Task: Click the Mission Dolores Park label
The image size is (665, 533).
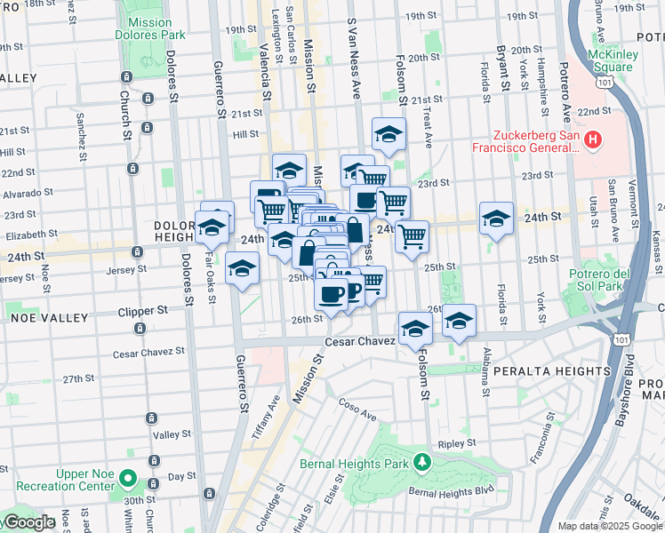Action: click(x=149, y=28)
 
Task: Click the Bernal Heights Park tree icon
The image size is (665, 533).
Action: click(x=425, y=462)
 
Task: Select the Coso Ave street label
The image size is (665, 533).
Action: click(x=357, y=409)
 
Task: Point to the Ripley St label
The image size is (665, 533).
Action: click(x=458, y=442)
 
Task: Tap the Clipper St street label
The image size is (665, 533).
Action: click(x=144, y=312)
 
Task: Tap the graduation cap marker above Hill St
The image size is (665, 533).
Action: click(x=389, y=134)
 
